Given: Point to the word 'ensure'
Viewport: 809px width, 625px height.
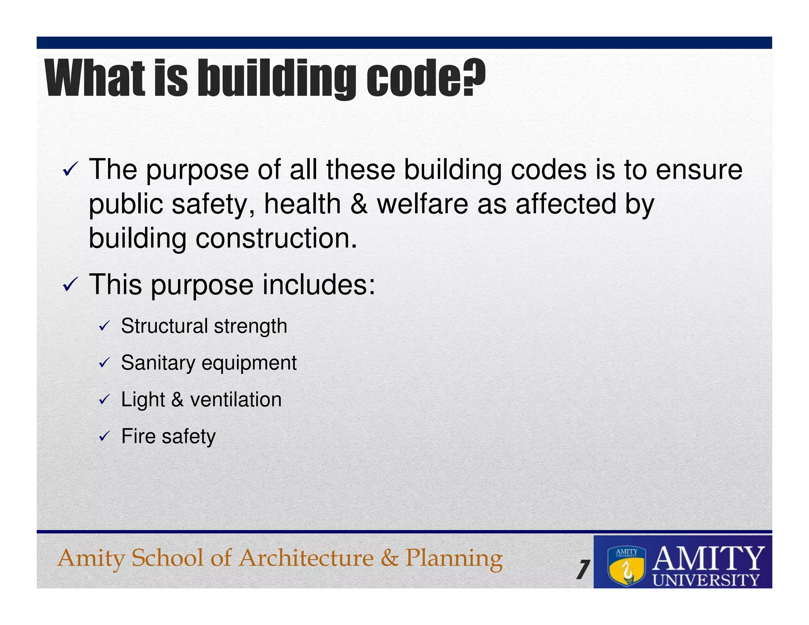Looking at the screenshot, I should pos(699,170).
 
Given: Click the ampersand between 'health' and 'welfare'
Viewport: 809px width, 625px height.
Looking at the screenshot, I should pos(359,204).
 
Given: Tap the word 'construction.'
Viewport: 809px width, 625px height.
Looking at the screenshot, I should pos(276,239).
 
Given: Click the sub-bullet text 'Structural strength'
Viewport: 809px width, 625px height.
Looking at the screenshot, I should pos(204,326).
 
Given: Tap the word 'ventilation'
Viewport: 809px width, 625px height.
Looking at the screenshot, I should pos(236,399).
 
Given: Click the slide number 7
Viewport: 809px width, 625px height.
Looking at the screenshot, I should pos(583,570).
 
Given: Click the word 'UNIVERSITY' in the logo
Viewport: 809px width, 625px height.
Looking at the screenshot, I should pos(706,580).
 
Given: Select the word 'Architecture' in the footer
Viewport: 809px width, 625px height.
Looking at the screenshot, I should pos(306,558).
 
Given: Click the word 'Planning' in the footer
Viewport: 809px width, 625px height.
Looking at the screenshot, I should pos(454,558).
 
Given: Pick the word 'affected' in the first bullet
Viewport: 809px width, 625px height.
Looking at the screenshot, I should pos(566,204).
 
